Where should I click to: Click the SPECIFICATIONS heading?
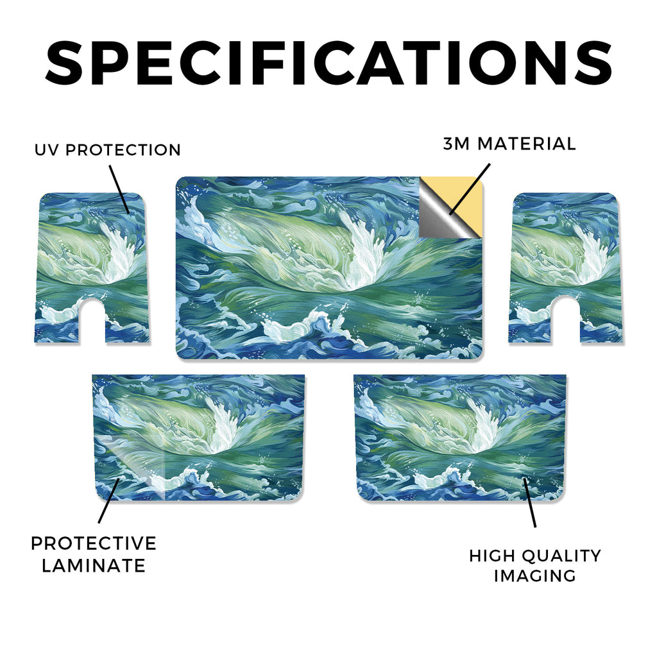[328, 62]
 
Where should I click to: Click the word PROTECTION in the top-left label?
[123, 150]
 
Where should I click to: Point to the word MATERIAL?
[527, 144]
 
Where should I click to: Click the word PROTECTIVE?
[94, 543]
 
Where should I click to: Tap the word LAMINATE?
[94, 566]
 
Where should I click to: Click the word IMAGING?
[534, 576]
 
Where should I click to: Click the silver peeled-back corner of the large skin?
[438, 216]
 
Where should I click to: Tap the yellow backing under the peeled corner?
[465, 197]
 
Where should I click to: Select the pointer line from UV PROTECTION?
[119, 189]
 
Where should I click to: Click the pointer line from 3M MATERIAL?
[470, 189]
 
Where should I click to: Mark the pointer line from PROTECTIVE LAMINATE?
[109, 500]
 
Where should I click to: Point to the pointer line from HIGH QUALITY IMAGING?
[529, 502]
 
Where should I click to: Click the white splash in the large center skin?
[361, 252]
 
